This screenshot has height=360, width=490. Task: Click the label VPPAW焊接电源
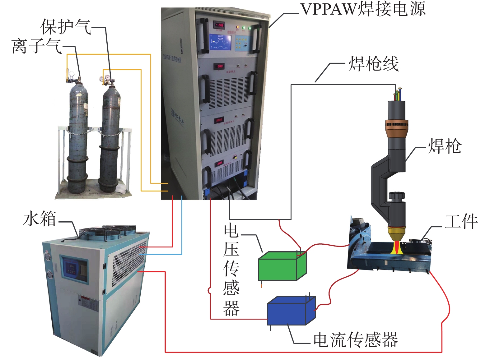(x=363, y=9)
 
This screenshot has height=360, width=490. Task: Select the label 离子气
(x=37, y=46)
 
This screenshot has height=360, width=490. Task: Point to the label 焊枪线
(x=373, y=64)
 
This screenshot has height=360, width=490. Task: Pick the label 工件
(x=461, y=221)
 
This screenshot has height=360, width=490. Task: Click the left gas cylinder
(x=77, y=137)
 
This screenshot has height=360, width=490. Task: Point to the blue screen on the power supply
(x=220, y=42)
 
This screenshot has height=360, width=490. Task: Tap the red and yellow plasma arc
(x=397, y=247)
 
